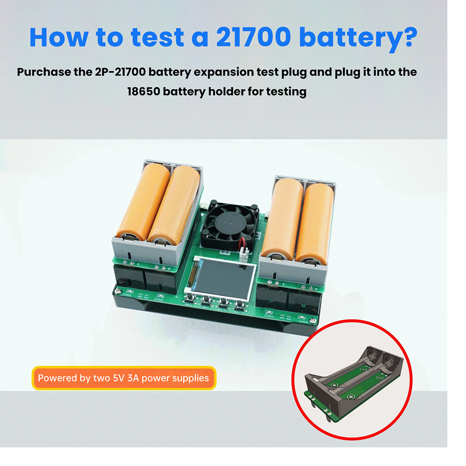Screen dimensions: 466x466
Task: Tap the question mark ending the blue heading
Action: pyautogui.click(x=404, y=37)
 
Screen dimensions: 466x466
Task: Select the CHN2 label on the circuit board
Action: pyautogui.click(x=159, y=300)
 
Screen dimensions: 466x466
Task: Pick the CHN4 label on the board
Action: pyautogui.click(x=303, y=321)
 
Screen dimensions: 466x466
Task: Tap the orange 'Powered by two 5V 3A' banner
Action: pyautogui.click(x=123, y=377)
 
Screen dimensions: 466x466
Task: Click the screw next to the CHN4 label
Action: pyautogui.click(x=315, y=322)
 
